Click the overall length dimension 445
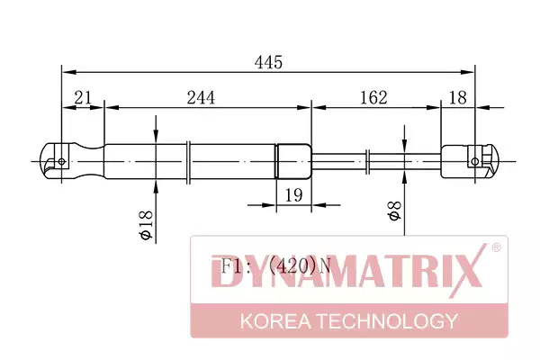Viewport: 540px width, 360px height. pyautogui.click(x=268, y=62)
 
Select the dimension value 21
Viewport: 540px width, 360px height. pyautogui.click(x=84, y=97)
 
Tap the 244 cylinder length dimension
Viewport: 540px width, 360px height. pyautogui.click(x=201, y=97)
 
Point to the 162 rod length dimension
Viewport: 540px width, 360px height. pyautogui.click(x=373, y=97)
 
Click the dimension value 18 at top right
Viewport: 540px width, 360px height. pyautogui.click(x=458, y=97)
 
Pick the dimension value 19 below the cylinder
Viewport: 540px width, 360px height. pyautogui.click(x=293, y=195)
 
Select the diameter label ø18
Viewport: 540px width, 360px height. pyautogui.click(x=145, y=225)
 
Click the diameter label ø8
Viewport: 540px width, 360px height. pyautogui.click(x=395, y=211)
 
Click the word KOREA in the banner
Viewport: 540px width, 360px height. pyautogui.click(x=275, y=321)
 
